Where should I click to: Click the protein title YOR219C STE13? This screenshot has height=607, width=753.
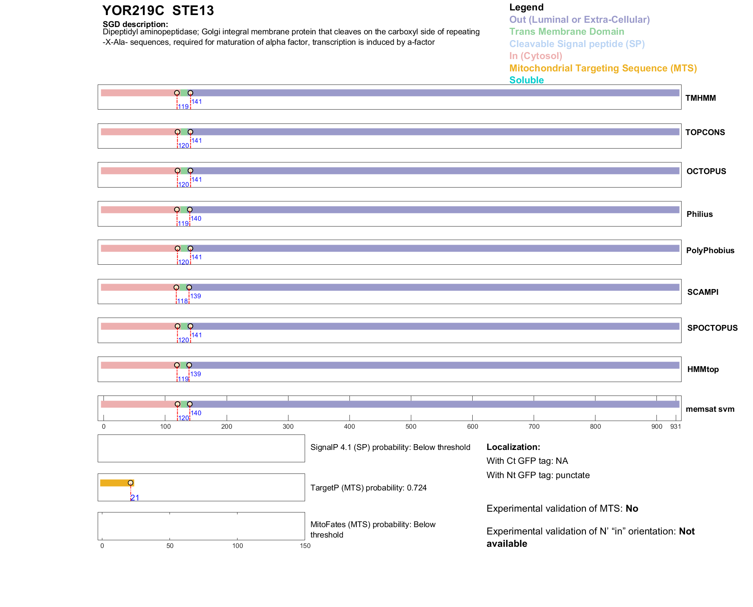158,11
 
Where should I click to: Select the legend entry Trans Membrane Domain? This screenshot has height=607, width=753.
566,32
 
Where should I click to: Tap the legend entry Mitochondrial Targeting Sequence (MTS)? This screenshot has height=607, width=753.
603,68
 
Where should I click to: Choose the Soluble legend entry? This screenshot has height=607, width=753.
526,80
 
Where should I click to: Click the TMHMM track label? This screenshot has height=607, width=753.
700,98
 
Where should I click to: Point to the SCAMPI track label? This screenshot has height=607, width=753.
702,292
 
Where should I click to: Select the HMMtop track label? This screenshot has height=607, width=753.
703,369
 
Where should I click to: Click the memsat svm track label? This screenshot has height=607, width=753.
710,409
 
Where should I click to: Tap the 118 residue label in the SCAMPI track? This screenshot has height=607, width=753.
182,301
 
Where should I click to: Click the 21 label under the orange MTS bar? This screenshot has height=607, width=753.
135,498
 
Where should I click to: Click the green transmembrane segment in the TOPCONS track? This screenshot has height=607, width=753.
184,132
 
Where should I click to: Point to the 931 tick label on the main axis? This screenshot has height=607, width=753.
675,426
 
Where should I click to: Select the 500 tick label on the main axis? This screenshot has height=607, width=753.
411,426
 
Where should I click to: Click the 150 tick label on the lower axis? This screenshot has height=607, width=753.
305,546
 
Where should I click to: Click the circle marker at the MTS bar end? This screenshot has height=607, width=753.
131,483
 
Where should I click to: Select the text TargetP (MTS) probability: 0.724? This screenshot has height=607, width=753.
368,488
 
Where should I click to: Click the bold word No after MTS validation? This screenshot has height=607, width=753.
632,509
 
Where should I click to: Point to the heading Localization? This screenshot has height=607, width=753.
513,447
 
